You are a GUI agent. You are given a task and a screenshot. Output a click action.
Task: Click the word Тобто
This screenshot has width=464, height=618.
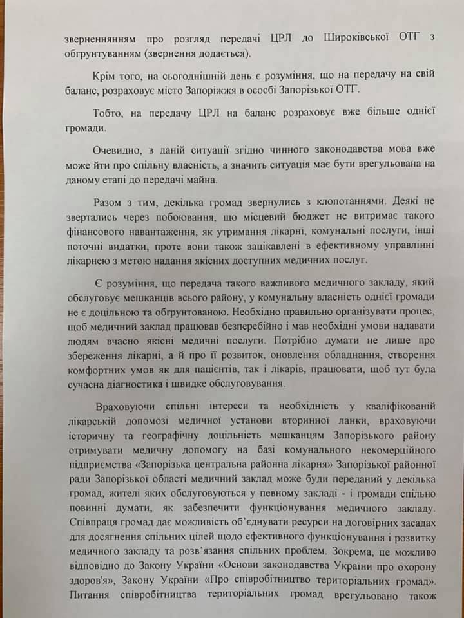tap(111, 112)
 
